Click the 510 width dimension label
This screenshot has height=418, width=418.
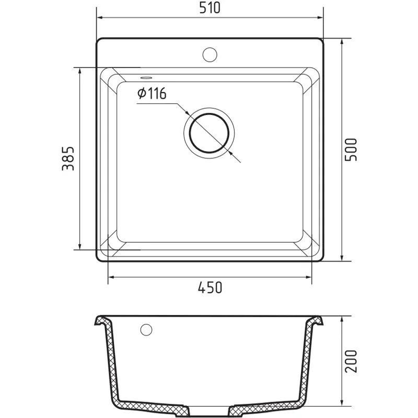coord(210,8)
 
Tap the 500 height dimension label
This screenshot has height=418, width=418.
coord(351,149)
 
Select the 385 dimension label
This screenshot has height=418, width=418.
coord(68,158)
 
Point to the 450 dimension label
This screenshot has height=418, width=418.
coord(210,287)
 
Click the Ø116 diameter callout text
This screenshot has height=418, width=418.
coord(152,94)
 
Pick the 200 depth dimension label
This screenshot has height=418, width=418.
coord(351,361)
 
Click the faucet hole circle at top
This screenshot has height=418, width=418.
coord(210,55)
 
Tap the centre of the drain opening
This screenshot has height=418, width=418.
coord(210,133)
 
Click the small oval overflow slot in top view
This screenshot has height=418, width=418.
coord(146,77)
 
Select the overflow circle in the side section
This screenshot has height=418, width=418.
coord(146,330)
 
